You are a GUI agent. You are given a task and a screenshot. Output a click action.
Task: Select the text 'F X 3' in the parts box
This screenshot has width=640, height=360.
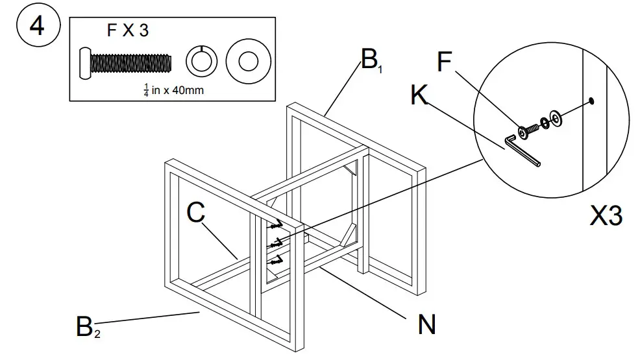[x=127, y=30]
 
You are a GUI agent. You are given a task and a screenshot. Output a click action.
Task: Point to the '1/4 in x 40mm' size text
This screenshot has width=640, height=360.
[x=173, y=90]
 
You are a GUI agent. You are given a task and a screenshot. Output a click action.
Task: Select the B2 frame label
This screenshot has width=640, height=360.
[x=87, y=326]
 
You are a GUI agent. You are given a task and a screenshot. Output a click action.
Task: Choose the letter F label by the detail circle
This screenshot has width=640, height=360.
[x=445, y=62]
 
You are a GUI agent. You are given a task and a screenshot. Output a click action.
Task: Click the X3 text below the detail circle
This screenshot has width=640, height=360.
[x=606, y=217]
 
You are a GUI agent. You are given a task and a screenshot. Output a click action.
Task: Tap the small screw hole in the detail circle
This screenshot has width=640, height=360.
[x=591, y=101]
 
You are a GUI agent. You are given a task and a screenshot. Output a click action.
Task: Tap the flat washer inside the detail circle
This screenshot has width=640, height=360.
[x=556, y=117]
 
